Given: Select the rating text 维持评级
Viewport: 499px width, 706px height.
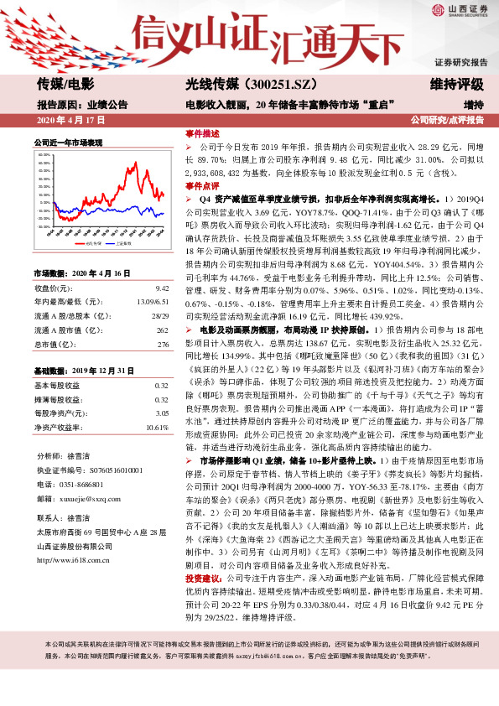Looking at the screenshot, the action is point(457,84).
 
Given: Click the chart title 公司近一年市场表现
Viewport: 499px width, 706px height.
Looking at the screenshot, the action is point(68,143).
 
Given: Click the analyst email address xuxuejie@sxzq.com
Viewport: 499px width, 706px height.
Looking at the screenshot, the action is point(86,497).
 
